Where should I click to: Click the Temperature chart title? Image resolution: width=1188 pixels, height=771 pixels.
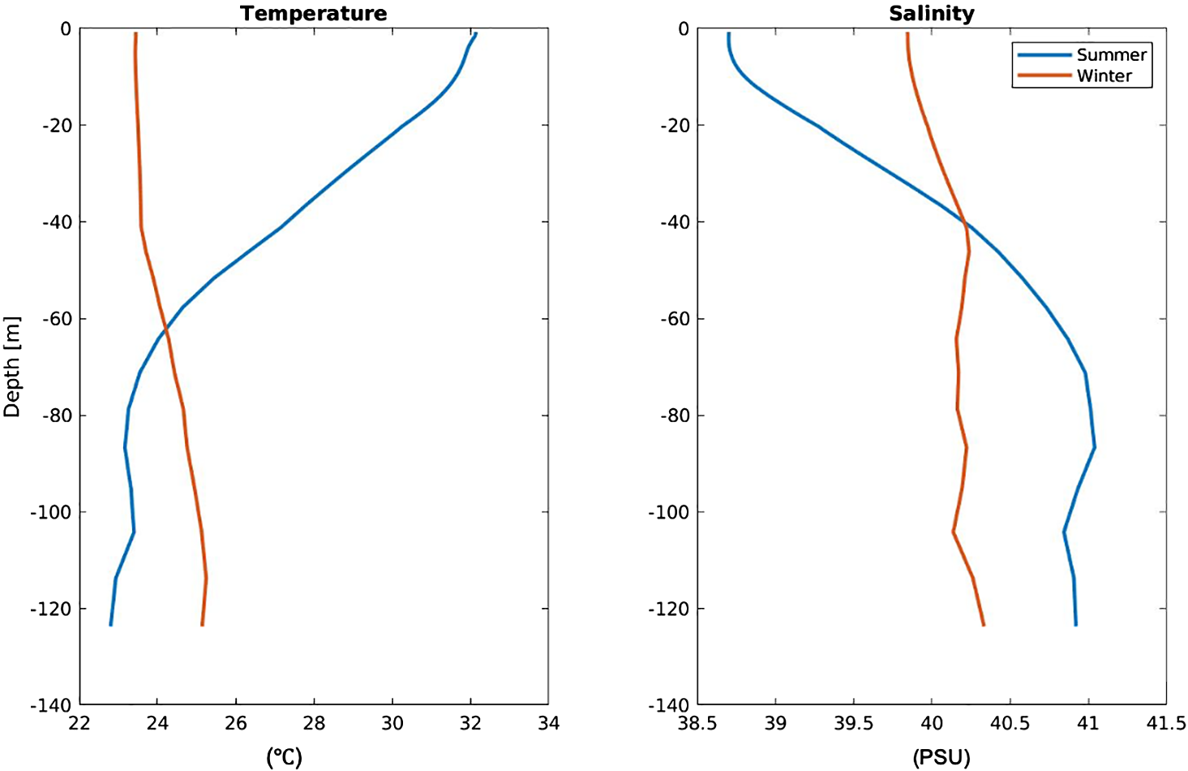pyautogui.click(x=314, y=14)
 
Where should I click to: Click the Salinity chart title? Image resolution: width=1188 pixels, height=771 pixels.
pyautogui.click(x=932, y=14)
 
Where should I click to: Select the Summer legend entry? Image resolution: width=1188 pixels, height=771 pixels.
pyautogui.click(x=1111, y=55)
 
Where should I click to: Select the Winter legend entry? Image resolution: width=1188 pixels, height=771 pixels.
pyautogui.click(x=1104, y=76)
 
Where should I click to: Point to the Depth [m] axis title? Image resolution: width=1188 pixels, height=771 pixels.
pyautogui.click(x=11, y=367)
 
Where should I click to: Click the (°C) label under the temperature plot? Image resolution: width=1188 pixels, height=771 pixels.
pyautogui.click(x=284, y=757)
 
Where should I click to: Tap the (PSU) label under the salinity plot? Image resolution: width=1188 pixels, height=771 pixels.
pyautogui.click(x=941, y=757)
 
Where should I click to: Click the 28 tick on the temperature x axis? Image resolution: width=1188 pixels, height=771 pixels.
pyautogui.click(x=314, y=723)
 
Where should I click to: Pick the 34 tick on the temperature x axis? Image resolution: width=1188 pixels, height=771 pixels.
pyautogui.click(x=549, y=723)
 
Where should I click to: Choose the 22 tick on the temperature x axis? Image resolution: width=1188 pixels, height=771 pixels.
pyautogui.click(x=79, y=723)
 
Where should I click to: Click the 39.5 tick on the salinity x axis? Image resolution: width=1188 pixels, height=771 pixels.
pyautogui.click(x=853, y=723)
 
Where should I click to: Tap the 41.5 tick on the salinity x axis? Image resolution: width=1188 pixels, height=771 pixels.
pyautogui.click(x=1166, y=723)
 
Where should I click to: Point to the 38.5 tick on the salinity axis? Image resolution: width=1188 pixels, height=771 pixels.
pyautogui.click(x=697, y=723)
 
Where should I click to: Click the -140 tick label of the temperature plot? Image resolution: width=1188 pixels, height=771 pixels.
pyautogui.click(x=50, y=705)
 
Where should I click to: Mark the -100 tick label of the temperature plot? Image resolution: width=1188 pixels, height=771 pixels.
pyautogui.click(x=50, y=512)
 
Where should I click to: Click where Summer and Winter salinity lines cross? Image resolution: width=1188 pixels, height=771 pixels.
pyautogui.click(x=964, y=221)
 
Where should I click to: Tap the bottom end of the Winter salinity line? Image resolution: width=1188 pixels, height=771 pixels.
pyautogui.click(x=984, y=625)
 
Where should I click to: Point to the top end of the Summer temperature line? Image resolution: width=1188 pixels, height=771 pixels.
pyautogui.click(x=476, y=34)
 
